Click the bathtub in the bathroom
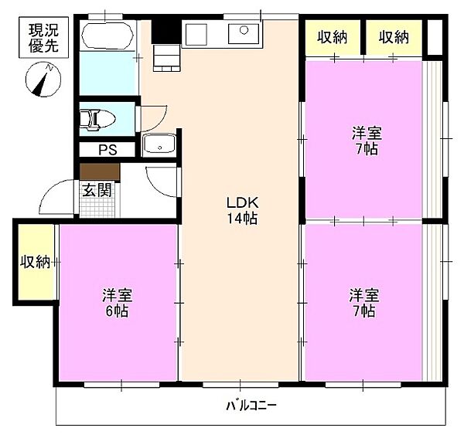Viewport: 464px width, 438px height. [x=107, y=36]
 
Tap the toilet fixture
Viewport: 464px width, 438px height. [x=97, y=120]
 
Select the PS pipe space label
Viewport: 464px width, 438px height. [x=107, y=150]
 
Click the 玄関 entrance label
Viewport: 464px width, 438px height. [x=97, y=190]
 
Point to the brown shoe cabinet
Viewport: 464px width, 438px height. [x=100, y=171]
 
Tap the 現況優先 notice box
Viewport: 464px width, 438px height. [x=44, y=38]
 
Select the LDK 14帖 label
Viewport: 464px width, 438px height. [x=242, y=210]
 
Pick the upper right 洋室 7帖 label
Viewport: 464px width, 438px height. [x=367, y=141]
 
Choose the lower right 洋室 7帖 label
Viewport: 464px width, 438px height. [x=364, y=302]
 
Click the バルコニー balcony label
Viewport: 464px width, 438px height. [x=251, y=406]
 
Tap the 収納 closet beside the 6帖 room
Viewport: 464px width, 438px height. [x=36, y=263]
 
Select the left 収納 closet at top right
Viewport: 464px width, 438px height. [x=333, y=37]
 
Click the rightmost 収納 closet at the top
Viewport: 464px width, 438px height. [x=394, y=37]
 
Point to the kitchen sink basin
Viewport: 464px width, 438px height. [x=244, y=34]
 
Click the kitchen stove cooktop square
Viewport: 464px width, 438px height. [x=196, y=34]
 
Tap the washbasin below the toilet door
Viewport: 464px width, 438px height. [x=159, y=144]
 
